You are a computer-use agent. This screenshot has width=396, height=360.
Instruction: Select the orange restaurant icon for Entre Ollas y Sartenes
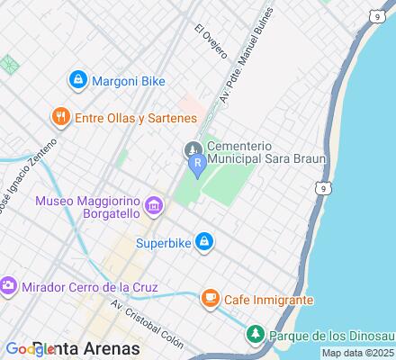click(x=60, y=116)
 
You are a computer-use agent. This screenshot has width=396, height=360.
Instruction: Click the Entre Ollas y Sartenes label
click(x=135, y=117)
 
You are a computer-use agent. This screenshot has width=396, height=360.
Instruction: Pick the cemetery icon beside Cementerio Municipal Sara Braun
click(x=192, y=147)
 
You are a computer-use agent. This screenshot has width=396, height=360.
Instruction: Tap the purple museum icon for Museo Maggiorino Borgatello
click(x=154, y=208)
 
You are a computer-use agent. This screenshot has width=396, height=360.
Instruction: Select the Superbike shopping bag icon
click(x=205, y=241)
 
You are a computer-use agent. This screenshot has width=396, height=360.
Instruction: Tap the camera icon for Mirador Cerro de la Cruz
click(x=8, y=286)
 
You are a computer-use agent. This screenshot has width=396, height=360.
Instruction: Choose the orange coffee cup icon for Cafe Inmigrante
click(x=210, y=298)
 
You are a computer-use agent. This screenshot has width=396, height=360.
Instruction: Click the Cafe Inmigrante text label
click(x=269, y=299)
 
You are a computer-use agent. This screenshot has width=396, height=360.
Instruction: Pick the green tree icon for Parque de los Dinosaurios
click(x=255, y=335)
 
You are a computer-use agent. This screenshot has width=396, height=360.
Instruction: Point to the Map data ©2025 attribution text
click(x=358, y=354)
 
